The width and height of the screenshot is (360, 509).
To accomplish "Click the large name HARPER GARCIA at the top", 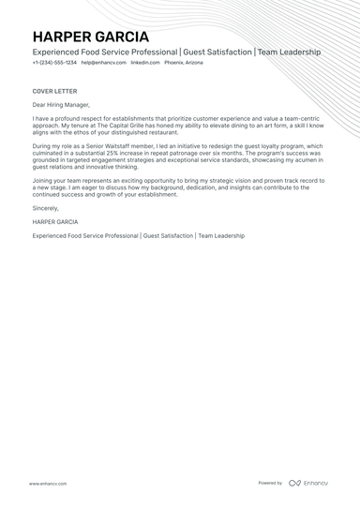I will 90,36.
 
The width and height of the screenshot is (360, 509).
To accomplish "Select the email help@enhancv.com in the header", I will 103,62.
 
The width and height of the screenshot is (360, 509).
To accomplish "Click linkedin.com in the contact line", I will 144,62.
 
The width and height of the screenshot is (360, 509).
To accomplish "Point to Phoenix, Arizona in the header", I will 183,62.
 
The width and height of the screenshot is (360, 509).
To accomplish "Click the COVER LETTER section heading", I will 53,91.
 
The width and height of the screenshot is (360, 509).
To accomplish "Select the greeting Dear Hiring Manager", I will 61,106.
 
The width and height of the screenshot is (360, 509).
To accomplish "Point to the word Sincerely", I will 45,207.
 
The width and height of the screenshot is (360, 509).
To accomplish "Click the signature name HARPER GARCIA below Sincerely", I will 55,222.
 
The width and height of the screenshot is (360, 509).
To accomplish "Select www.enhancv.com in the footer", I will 47,484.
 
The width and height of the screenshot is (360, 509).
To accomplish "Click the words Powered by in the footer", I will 270,483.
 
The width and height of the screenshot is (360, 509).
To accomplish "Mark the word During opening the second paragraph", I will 43,146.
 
